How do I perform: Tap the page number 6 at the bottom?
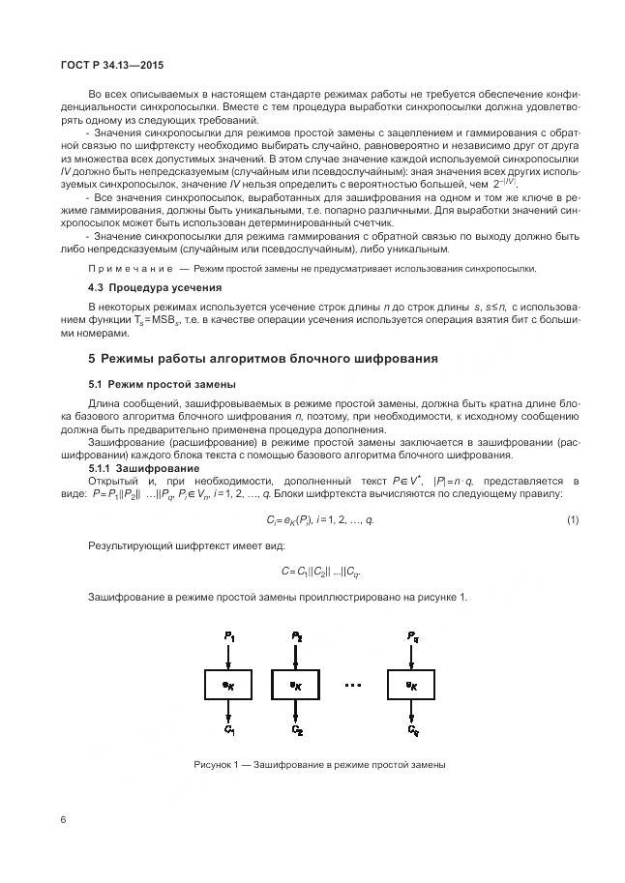click(x=63, y=820)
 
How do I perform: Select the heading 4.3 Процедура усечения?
click(x=155, y=287)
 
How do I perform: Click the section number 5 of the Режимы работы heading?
click(x=92, y=358)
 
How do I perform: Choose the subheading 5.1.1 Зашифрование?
click(x=133, y=468)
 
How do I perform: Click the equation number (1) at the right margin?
click(x=573, y=521)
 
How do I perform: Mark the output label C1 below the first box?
click(x=228, y=730)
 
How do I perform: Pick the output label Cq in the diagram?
click(x=413, y=730)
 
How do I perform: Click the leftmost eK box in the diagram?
click(x=228, y=684)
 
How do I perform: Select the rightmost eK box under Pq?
click(x=412, y=684)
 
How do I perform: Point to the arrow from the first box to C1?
click(x=228, y=711)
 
